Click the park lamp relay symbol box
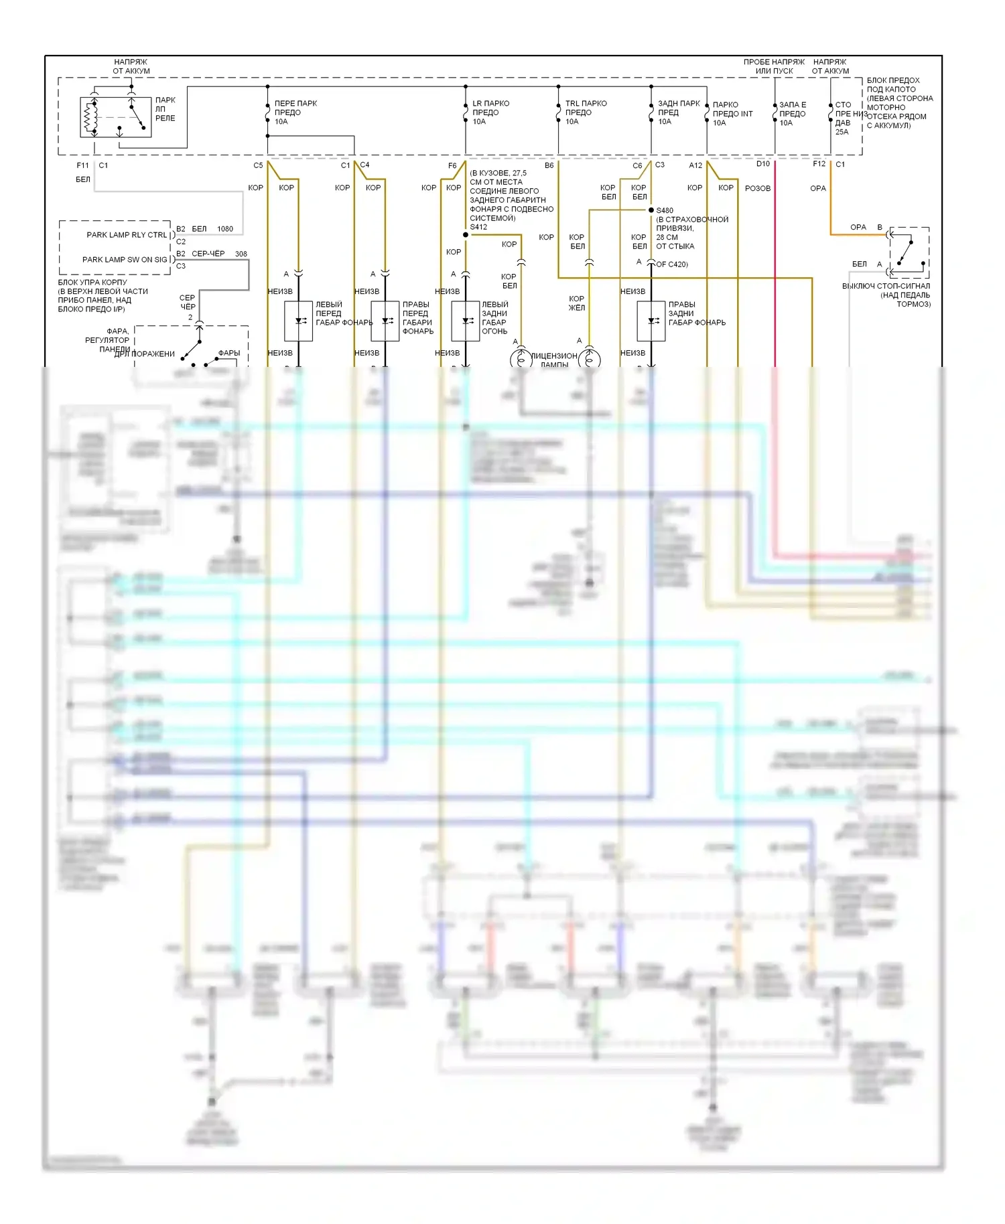click(115, 117)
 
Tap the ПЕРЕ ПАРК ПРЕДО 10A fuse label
click(295, 112)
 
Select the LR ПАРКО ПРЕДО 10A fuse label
click(490, 112)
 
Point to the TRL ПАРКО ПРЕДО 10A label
click(586, 112)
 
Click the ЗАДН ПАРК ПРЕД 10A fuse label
click(678, 112)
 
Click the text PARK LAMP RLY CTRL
click(127, 235)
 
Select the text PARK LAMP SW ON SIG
click(125, 260)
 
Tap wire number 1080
click(225, 229)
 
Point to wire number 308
click(241, 254)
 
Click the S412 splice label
click(478, 227)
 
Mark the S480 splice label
click(665, 210)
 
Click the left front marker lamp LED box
click(298, 321)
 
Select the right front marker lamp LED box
click(385, 321)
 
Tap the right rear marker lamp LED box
click(651, 321)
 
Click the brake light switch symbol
click(909, 252)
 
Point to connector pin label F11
click(82, 165)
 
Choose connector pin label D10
click(763, 164)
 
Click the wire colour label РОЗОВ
click(758, 188)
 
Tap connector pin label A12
click(695, 165)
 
